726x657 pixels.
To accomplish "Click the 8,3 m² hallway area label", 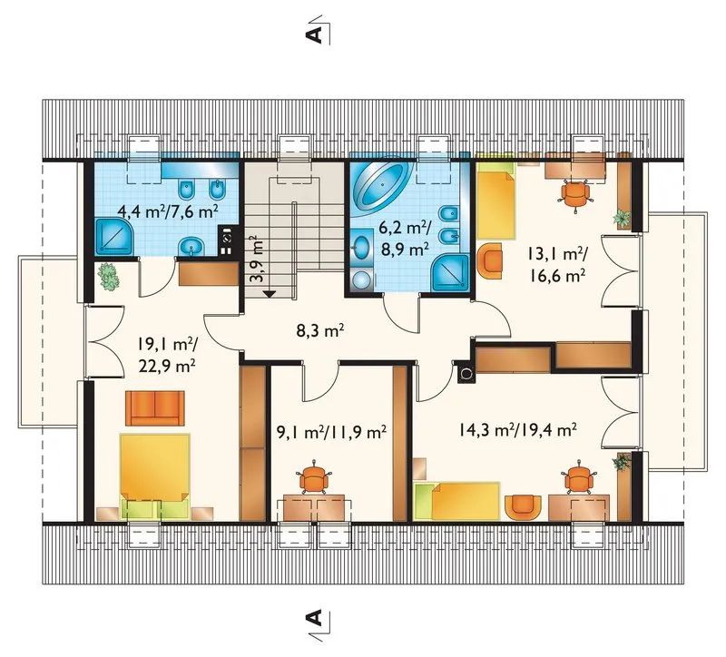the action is [x=320, y=330].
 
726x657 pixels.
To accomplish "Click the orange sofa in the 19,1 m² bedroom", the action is [x=154, y=408].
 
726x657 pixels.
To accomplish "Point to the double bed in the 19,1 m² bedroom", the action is [x=154, y=476].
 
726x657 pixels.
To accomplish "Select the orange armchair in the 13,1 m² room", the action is [x=490, y=261].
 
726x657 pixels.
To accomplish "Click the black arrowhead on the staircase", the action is [x=269, y=293].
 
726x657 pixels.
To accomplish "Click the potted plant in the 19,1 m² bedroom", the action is [x=109, y=277].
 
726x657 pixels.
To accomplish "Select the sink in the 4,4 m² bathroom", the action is [x=191, y=247].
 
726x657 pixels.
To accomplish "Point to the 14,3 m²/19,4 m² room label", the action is [x=517, y=430].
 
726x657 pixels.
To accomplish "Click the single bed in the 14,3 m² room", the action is [x=458, y=501].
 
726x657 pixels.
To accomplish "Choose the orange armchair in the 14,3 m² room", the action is [x=524, y=508].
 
